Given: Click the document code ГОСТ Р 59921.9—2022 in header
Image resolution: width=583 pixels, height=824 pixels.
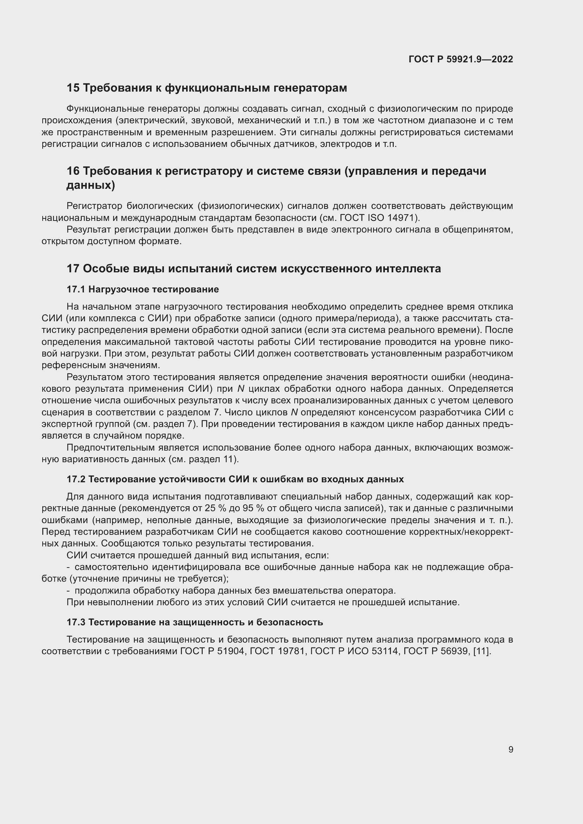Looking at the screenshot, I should pos(461,60).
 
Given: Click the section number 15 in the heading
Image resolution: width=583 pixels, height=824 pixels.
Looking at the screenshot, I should pos(73,88).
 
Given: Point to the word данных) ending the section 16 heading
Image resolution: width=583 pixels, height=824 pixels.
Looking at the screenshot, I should pos(91,186).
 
